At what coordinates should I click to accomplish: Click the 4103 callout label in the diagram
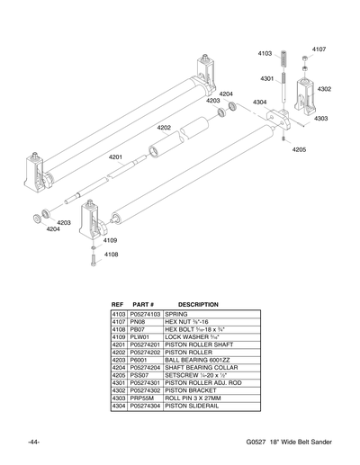click(x=265, y=54)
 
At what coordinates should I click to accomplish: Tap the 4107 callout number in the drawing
click(x=319, y=49)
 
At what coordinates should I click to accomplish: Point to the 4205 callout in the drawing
click(x=299, y=149)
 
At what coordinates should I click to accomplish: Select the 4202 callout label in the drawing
click(x=164, y=128)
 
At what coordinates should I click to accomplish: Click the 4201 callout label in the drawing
click(x=116, y=157)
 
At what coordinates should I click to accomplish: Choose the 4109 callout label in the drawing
click(x=110, y=240)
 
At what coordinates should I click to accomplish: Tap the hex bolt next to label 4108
click(x=93, y=260)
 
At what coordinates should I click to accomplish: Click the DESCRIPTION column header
click(x=198, y=304)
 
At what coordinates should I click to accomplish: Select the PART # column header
click(x=144, y=304)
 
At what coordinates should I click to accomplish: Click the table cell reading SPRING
click(x=176, y=314)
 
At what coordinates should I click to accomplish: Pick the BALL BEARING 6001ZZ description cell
click(x=196, y=357)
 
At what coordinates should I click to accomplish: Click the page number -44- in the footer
click(x=32, y=443)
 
